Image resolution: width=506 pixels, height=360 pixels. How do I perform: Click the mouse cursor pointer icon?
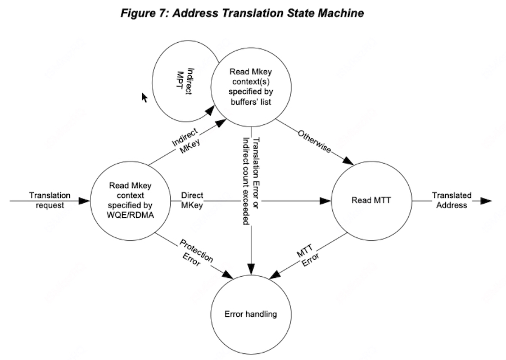(144, 97)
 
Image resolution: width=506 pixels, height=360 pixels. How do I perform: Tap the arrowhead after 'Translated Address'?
(487, 200)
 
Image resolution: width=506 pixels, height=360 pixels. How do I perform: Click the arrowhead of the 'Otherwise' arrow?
(348, 162)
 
